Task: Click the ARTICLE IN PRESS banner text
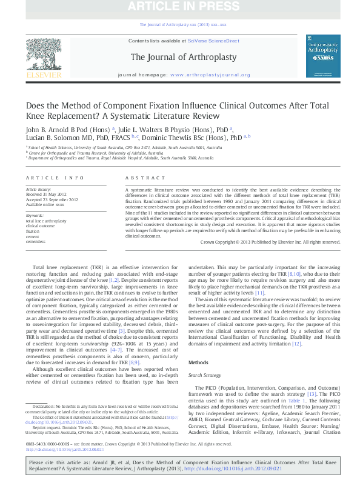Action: click(179, 8)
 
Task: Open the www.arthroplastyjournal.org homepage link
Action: click(210, 75)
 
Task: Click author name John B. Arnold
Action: click(51, 129)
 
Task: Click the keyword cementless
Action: click(36, 241)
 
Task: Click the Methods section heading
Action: click(199, 345)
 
